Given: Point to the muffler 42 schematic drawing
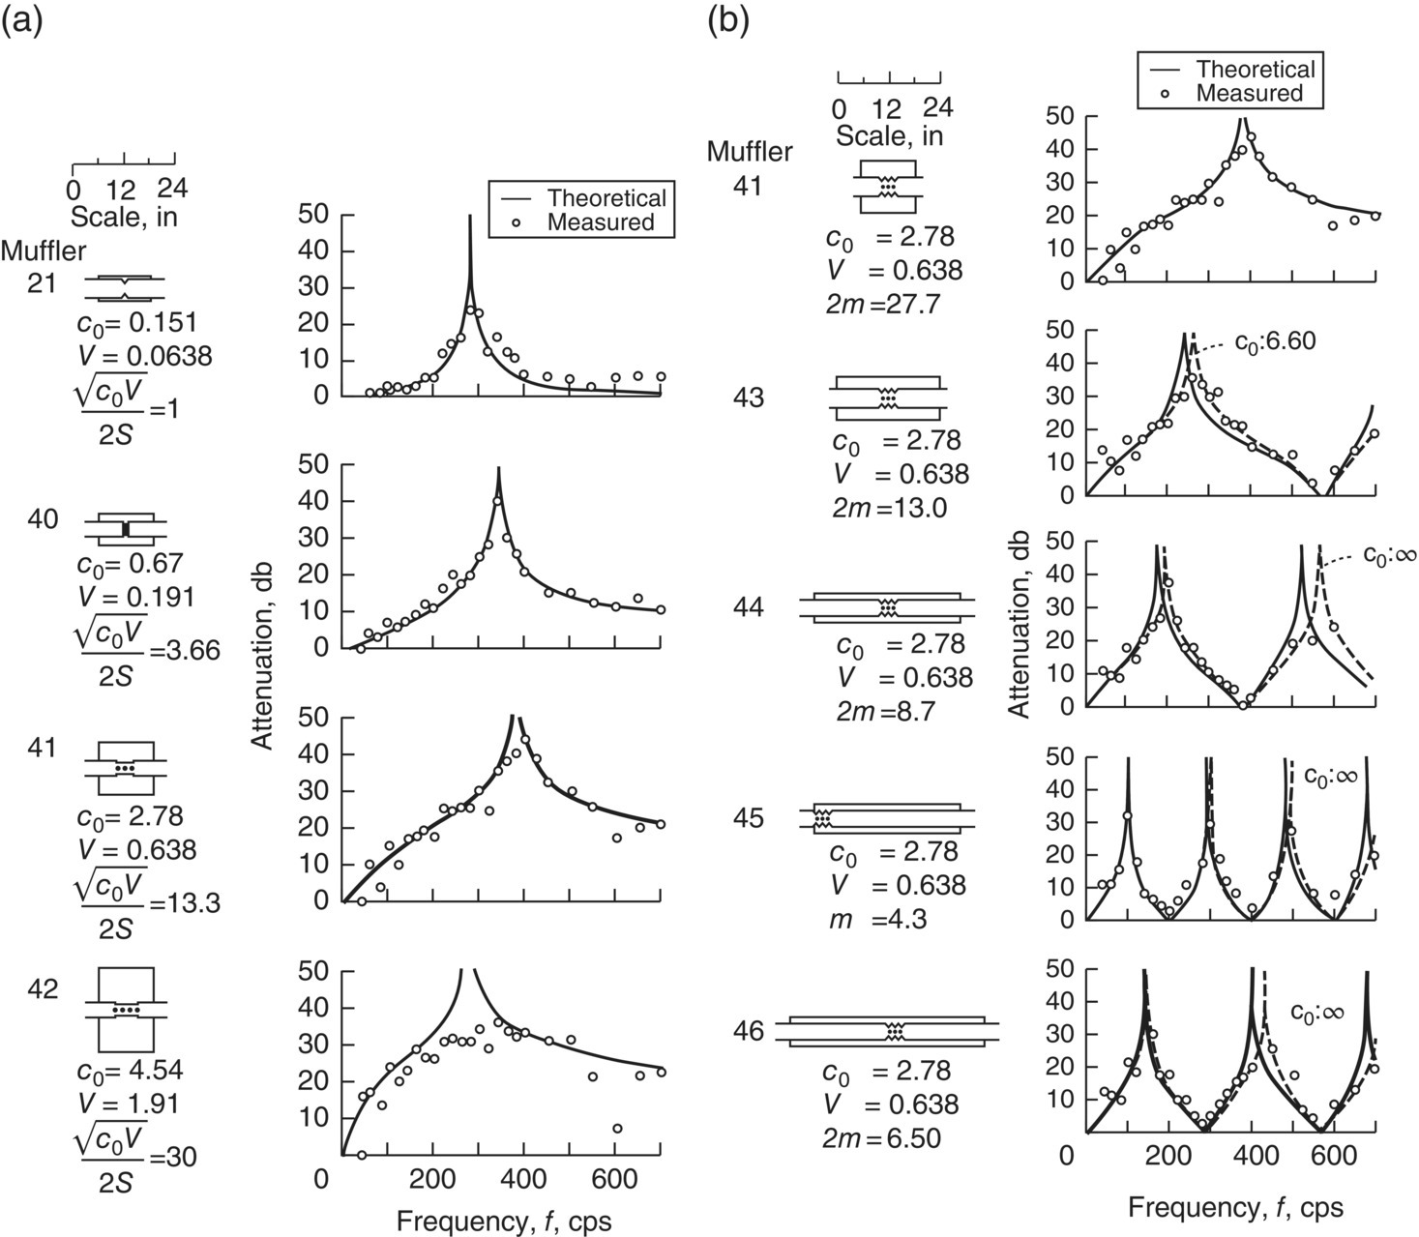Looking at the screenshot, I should tap(126, 1010).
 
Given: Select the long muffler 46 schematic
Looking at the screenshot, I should tap(895, 1031).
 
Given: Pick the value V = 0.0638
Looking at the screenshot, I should tap(145, 357).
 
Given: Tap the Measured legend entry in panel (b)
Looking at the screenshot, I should tap(1249, 93).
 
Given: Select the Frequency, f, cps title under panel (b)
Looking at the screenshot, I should tap(1235, 1207).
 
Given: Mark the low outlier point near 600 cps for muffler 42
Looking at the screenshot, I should tap(617, 1129).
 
